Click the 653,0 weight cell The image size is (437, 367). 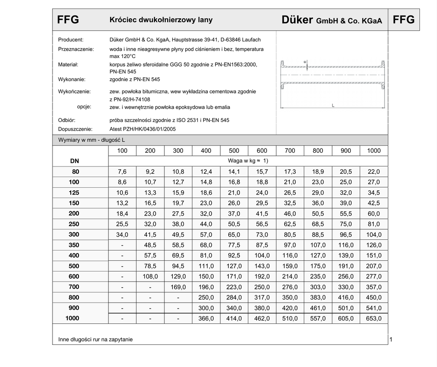(374, 318)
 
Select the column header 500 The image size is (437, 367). (234, 151)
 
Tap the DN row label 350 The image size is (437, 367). (74, 245)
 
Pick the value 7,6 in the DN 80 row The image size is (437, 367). (122, 172)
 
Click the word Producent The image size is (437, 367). (71, 40)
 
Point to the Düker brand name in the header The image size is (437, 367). (298, 20)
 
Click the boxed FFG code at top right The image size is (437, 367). (403, 20)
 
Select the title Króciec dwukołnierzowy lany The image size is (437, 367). (161, 20)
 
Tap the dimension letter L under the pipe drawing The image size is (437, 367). (333, 105)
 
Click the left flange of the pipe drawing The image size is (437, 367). (282, 75)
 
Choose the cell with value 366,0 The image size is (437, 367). (206, 318)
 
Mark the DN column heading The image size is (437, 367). (74, 161)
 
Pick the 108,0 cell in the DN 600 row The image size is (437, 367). (150, 277)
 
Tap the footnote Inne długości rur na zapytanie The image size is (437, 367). (96, 340)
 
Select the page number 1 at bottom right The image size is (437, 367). (390, 339)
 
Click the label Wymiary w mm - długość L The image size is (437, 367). (91, 140)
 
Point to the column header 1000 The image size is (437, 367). (374, 151)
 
